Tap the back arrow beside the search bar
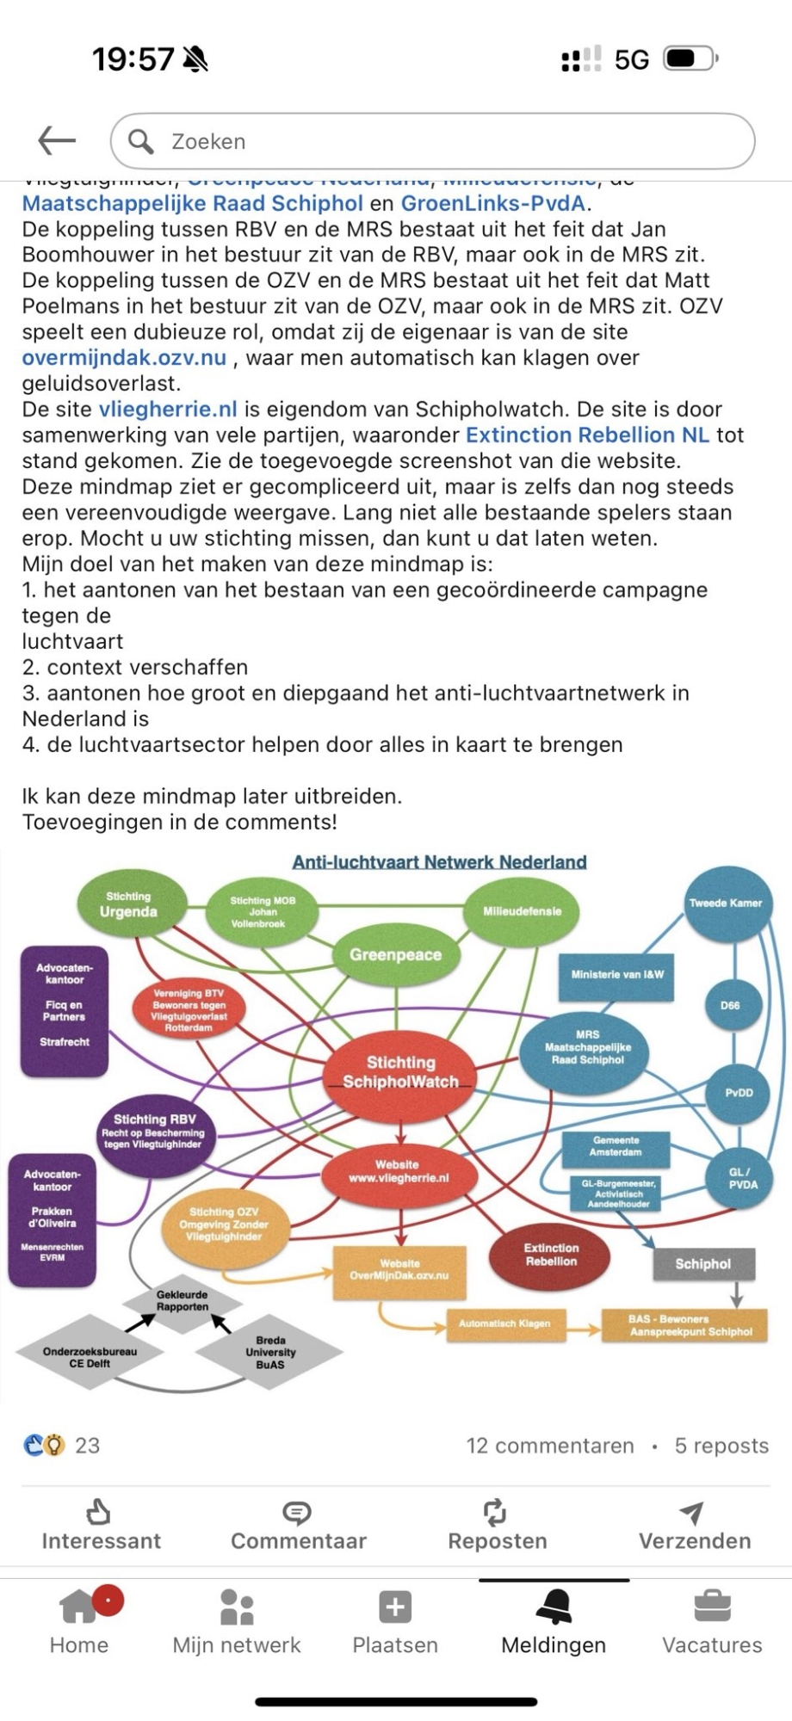(57, 140)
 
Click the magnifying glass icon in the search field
(140, 141)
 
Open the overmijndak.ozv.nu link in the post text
(124, 358)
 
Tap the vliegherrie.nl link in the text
(168, 410)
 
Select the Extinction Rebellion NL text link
(588, 435)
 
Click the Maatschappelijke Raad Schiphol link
(192, 204)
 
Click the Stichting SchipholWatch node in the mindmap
(401, 1072)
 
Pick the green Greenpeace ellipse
(395, 954)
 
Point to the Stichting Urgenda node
(128, 904)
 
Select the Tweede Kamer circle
(726, 903)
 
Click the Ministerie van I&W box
(617, 975)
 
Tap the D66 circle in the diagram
(730, 1005)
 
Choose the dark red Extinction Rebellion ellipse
(551, 1255)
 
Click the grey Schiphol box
(702, 1264)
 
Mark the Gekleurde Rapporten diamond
(182, 1300)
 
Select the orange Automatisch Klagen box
(504, 1323)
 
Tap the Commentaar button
(298, 1527)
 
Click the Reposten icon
(495, 1512)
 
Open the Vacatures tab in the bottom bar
(712, 1623)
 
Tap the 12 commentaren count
(550, 1446)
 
